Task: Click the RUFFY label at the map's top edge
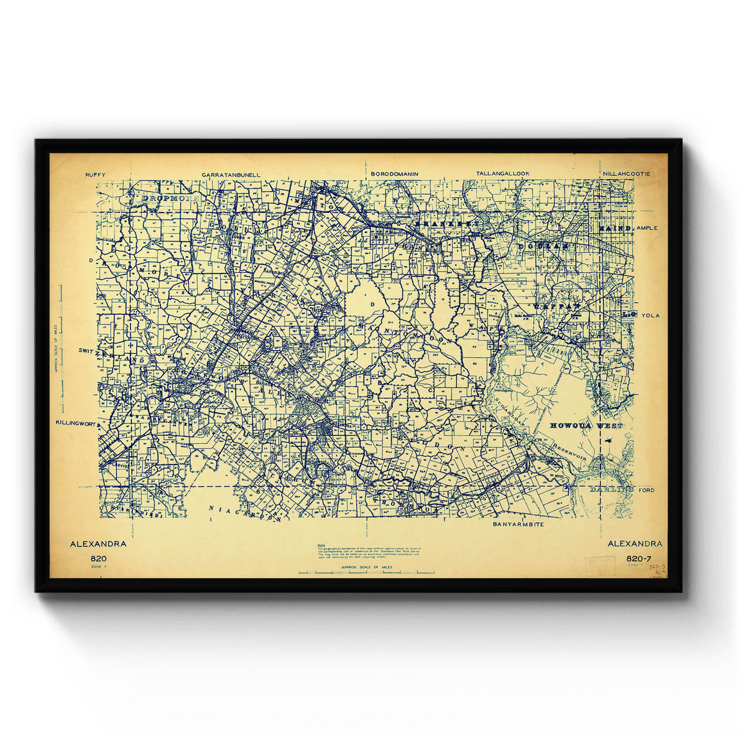click(96, 175)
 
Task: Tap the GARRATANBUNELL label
click(231, 175)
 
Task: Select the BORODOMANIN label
click(394, 174)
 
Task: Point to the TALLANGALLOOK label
click(503, 174)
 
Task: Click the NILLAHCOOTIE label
click(626, 174)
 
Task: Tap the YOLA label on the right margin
click(650, 315)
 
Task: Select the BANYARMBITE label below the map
click(518, 525)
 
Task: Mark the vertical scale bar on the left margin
click(62, 348)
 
